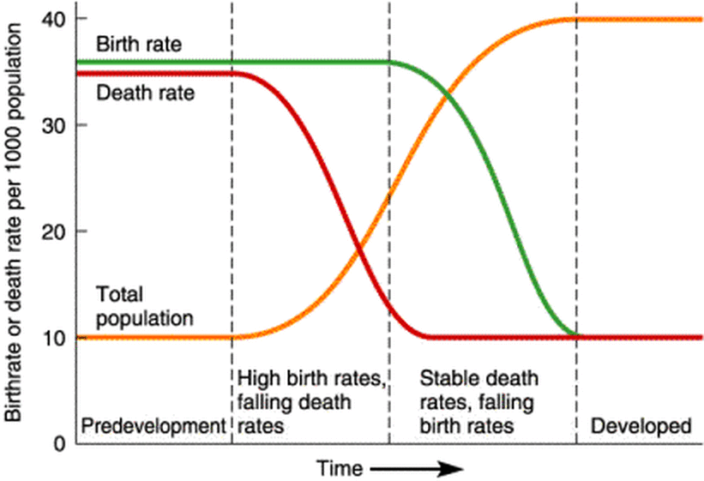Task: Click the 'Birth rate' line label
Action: coord(138,44)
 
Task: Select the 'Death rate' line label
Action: coord(144,92)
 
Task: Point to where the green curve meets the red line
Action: coord(575,336)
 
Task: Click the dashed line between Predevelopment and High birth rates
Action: coord(232,223)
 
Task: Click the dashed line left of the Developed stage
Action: coord(576,223)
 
